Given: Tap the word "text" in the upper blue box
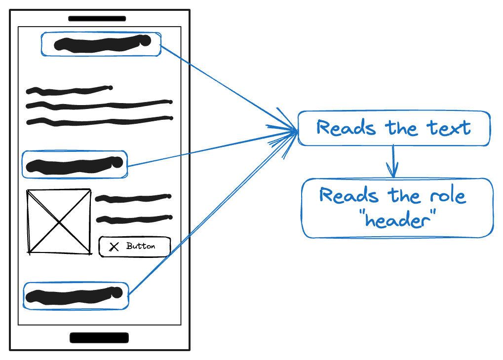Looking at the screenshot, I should tap(449, 128).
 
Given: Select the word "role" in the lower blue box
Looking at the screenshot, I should tap(447, 196).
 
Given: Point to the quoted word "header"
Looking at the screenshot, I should tap(397, 219).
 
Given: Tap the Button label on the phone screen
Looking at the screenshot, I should tap(141, 246).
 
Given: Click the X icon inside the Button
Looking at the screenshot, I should tap(114, 247).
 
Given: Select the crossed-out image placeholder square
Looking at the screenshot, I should tap(59, 221).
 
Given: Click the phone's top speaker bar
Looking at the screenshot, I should tap(97, 19).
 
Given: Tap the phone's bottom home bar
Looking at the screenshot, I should tap(99, 338).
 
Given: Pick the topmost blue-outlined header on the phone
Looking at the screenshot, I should tap(101, 44).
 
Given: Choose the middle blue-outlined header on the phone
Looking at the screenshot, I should tap(75, 165).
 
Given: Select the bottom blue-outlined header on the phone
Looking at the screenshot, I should tap(76, 296).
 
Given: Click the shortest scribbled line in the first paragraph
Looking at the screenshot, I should tap(69, 90).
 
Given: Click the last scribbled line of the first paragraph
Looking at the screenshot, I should tap(99, 120).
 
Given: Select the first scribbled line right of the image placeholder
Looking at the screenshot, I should tap(133, 198).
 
